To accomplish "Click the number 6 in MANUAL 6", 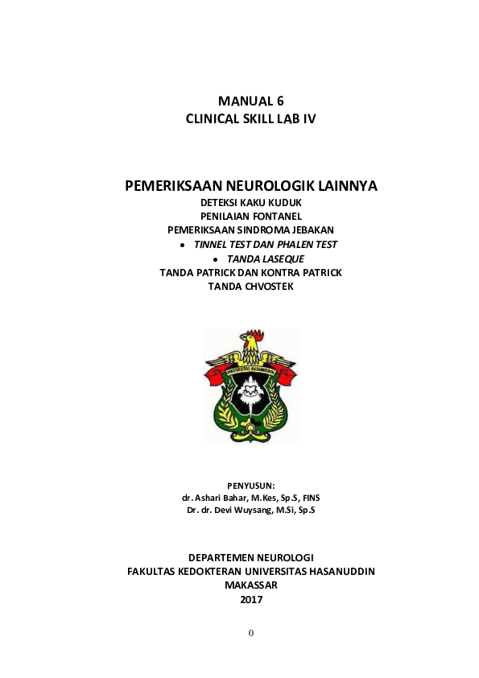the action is point(279,101).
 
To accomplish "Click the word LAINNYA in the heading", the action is point(345,187).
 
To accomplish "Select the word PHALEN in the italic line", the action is point(291,244).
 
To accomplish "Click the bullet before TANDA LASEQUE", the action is point(216,259).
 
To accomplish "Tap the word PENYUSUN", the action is point(250,486).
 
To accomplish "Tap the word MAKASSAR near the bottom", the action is point(251,585).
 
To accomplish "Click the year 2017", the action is point(251,599).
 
